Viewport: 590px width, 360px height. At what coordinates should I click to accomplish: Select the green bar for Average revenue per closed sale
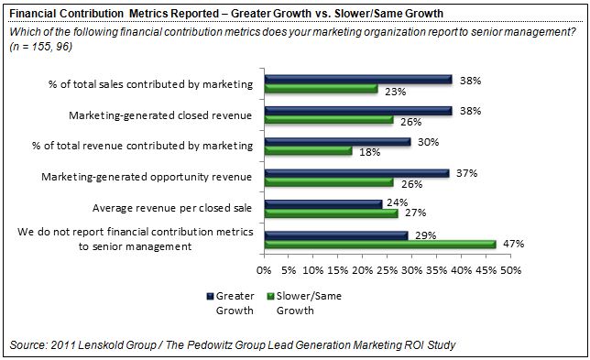pyautogui.click(x=331, y=213)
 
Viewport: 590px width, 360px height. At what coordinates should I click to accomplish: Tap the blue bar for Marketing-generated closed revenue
pyautogui.click(x=358, y=110)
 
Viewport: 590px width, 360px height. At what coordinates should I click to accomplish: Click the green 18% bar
pyautogui.click(x=309, y=151)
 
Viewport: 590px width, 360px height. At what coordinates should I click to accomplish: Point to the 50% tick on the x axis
pyautogui.click(x=509, y=271)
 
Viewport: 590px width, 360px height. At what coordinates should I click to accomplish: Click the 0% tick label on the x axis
pyautogui.click(x=265, y=271)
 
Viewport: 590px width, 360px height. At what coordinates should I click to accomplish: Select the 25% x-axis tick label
pyautogui.click(x=388, y=271)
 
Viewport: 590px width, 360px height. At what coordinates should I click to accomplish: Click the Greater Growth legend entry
pyautogui.click(x=236, y=302)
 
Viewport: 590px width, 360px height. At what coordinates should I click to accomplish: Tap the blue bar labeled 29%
pyautogui.click(x=336, y=235)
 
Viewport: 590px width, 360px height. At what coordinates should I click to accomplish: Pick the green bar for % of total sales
pyautogui.click(x=322, y=90)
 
